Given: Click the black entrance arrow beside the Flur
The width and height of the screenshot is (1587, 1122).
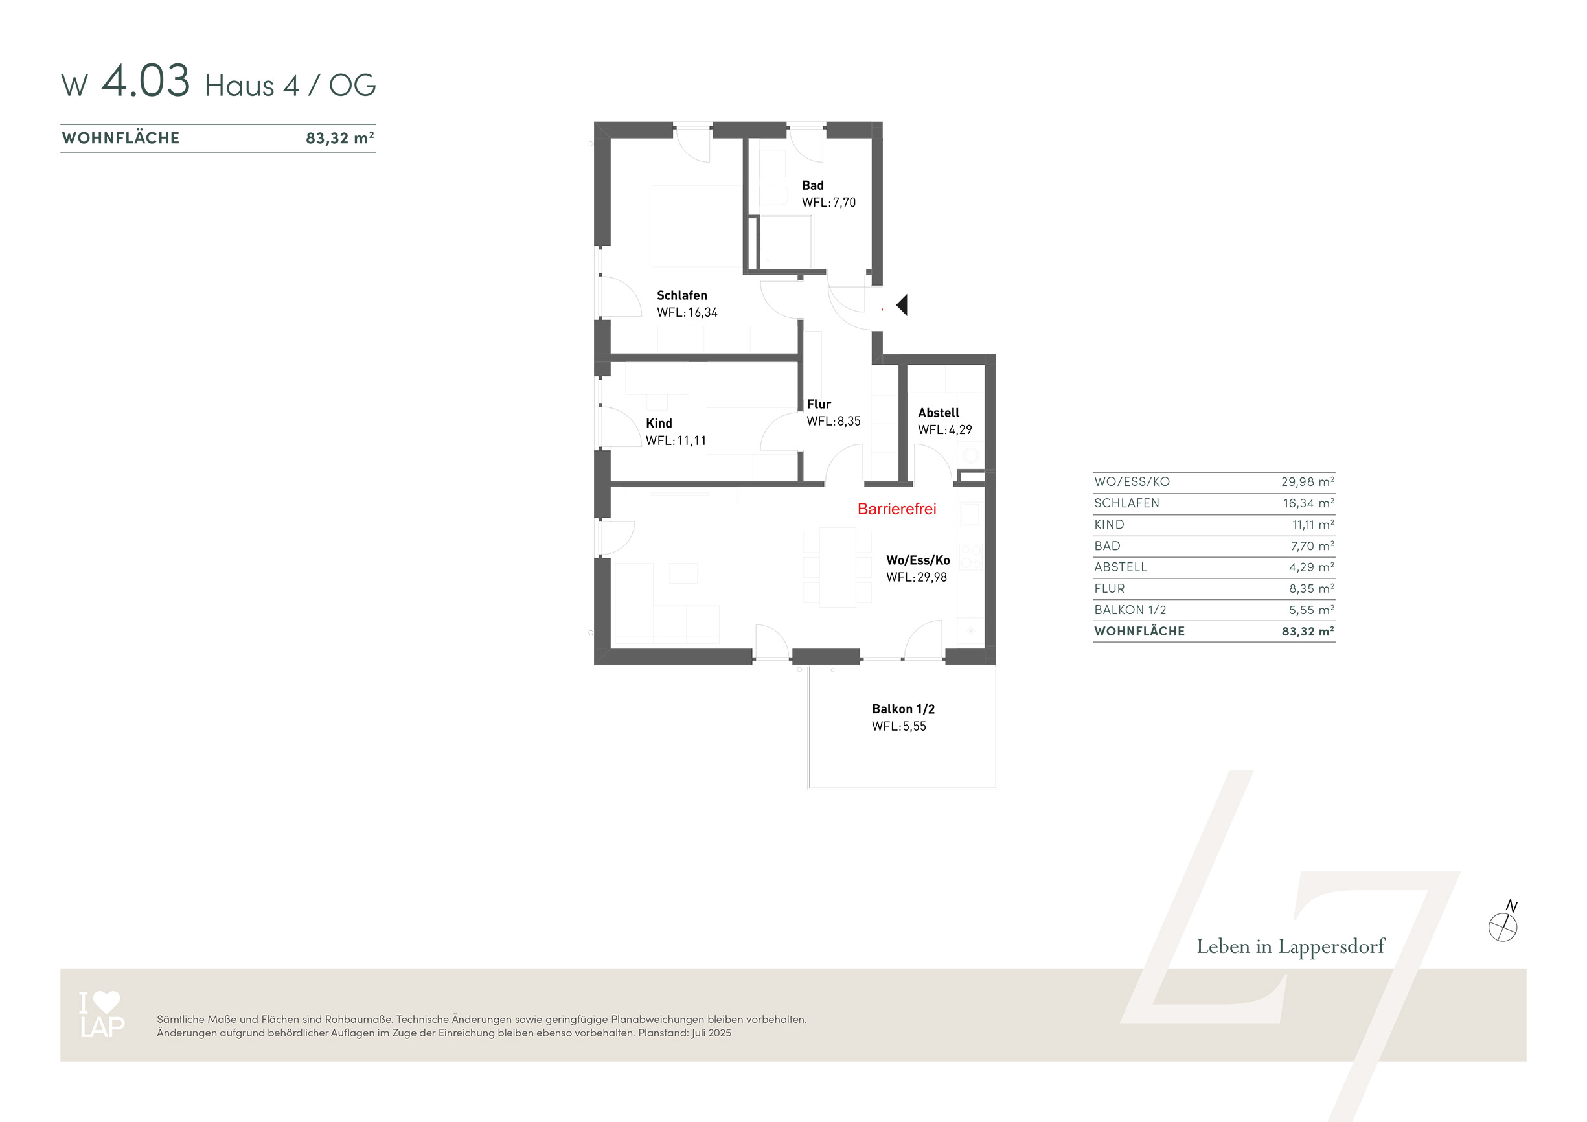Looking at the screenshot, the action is (902, 305).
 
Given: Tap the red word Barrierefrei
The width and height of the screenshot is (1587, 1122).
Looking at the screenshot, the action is (896, 509).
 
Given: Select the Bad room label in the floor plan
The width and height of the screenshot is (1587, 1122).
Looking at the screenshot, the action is (813, 185).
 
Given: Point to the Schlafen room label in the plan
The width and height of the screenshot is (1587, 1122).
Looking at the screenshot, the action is (681, 296).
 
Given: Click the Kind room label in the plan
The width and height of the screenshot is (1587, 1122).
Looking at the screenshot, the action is (659, 423).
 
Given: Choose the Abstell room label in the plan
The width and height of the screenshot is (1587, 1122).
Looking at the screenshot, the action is (939, 413).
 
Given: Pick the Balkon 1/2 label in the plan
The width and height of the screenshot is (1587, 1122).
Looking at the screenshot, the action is (904, 709).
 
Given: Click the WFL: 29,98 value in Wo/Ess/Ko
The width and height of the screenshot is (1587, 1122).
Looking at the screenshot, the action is (917, 577).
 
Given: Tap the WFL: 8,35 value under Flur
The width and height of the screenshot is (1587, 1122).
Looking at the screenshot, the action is (834, 421).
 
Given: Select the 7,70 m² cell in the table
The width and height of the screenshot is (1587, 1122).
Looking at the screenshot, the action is (1312, 546).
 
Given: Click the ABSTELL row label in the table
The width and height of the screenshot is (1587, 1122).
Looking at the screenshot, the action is (1121, 567).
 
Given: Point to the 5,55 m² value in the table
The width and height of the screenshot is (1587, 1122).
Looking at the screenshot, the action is (1312, 610).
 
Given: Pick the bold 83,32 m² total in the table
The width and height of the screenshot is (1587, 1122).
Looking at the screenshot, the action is (1308, 631).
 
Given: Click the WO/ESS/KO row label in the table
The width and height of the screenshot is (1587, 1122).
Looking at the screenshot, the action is (1132, 482).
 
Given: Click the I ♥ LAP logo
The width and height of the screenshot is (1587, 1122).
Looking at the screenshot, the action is (102, 1014).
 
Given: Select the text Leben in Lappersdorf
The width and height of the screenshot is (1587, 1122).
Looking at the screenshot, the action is (1290, 946).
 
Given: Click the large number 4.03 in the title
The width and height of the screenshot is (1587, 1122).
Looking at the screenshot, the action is (145, 81).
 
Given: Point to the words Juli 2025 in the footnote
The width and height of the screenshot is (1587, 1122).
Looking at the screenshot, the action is (711, 1033).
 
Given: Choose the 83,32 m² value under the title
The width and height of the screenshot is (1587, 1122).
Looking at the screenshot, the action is (340, 137).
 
